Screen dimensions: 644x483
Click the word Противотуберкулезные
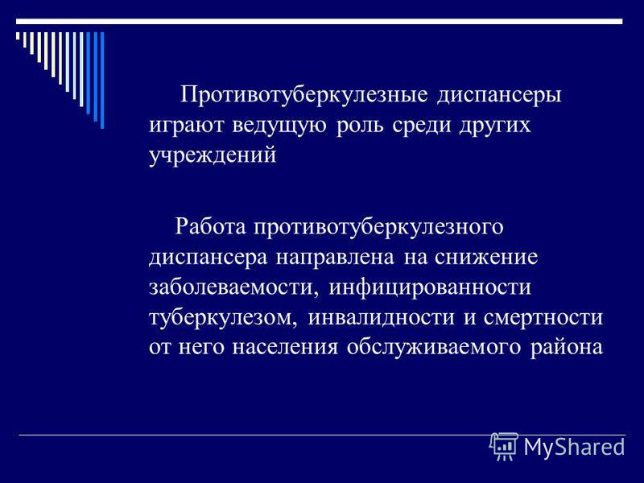(x=304, y=96)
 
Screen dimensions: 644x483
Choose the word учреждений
(x=213, y=156)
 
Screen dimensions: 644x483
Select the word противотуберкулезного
(x=378, y=228)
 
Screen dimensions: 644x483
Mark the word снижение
(x=486, y=258)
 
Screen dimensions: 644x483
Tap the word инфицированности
(x=430, y=287)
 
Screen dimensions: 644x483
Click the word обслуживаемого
(x=434, y=349)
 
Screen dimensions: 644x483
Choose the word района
(x=567, y=349)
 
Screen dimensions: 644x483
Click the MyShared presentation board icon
(x=504, y=447)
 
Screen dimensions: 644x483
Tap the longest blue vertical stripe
(x=102, y=80)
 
